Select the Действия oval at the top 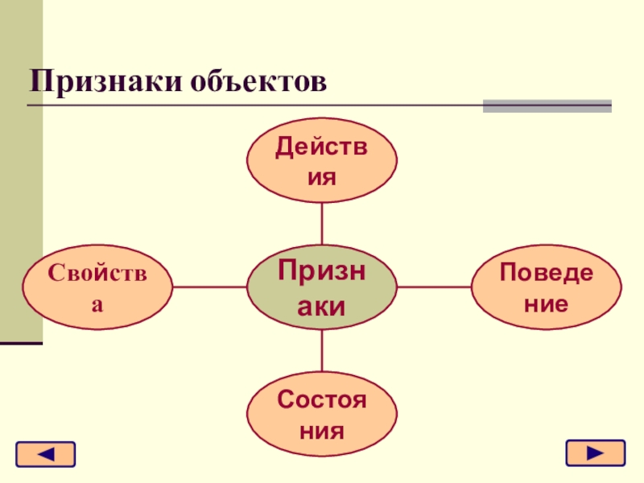click(x=321, y=161)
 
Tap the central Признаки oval click(x=321, y=287)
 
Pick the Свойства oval click(x=97, y=287)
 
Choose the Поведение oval click(x=546, y=287)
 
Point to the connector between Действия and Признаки click(x=321, y=223)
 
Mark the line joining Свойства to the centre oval click(x=209, y=287)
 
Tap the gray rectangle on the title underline click(x=547, y=105)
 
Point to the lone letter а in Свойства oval click(x=97, y=305)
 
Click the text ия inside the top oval click(x=321, y=175)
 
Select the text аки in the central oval click(x=321, y=305)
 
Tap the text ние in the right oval click(x=546, y=304)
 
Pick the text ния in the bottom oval click(x=321, y=430)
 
